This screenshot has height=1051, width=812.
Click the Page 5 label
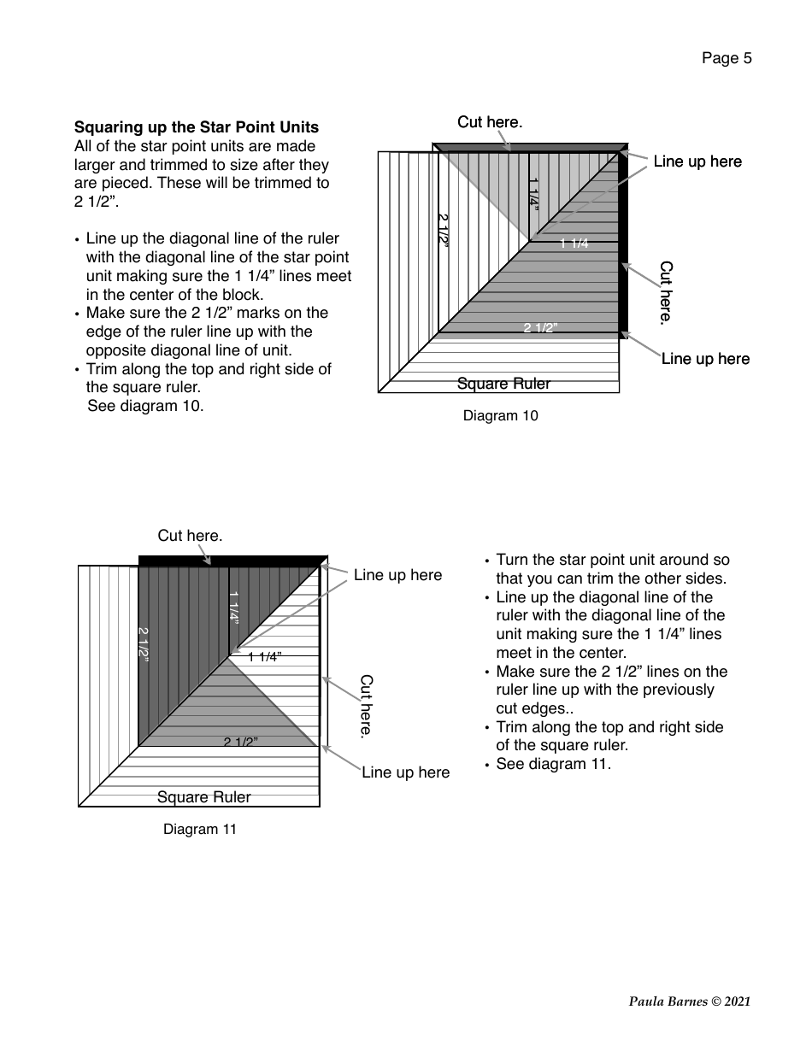(727, 58)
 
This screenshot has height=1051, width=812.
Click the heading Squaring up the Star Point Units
(197, 128)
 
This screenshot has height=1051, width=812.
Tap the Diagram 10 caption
(500, 416)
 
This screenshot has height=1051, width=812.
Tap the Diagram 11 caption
(200, 829)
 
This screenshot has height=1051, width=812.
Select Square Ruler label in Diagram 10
(503, 384)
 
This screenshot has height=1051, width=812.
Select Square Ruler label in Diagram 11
(203, 797)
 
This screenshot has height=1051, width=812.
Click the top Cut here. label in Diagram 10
(490, 122)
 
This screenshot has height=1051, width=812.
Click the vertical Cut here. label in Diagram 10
(667, 292)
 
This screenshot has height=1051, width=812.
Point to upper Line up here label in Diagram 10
(697, 161)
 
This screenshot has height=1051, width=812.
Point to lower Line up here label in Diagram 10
(705, 359)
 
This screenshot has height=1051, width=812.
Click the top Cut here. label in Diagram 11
(190, 536)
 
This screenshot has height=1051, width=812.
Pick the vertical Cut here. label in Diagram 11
(367, 706)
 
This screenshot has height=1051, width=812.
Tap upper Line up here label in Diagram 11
(397, 575)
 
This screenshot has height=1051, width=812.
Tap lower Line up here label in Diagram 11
(405, 772)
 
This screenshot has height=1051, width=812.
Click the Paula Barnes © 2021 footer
(690, 1001)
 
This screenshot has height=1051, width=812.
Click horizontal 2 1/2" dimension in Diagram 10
(540, 328)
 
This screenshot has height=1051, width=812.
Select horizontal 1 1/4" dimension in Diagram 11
(265, 657)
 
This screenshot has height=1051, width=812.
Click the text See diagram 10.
(146, 406)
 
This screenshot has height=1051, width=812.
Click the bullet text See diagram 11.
(553, 764)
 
